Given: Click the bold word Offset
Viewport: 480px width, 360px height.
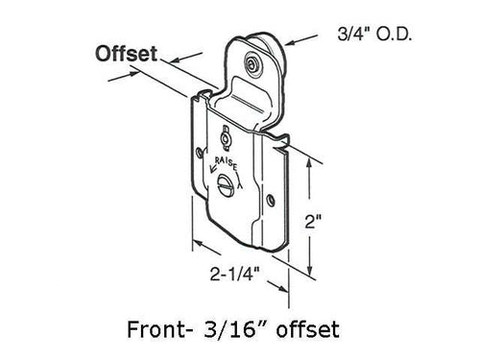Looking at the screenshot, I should tap(126, 55).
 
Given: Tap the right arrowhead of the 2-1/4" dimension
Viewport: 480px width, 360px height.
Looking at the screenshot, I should tap(287, 282).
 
